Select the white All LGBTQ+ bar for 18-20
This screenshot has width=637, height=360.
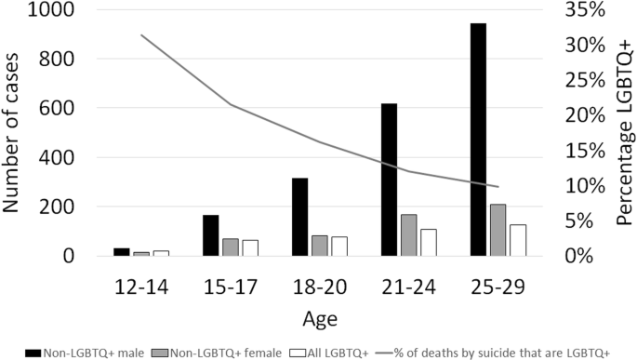coord(338,246)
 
